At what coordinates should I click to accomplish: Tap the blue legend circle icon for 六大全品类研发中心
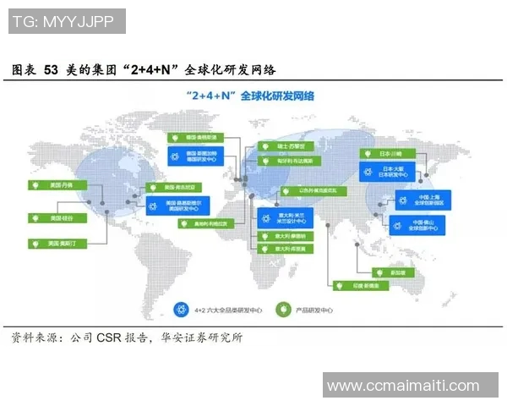pyautogui.click(x=179, y=310)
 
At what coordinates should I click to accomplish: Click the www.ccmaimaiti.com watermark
pyautogui.click(x=402, y=386)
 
